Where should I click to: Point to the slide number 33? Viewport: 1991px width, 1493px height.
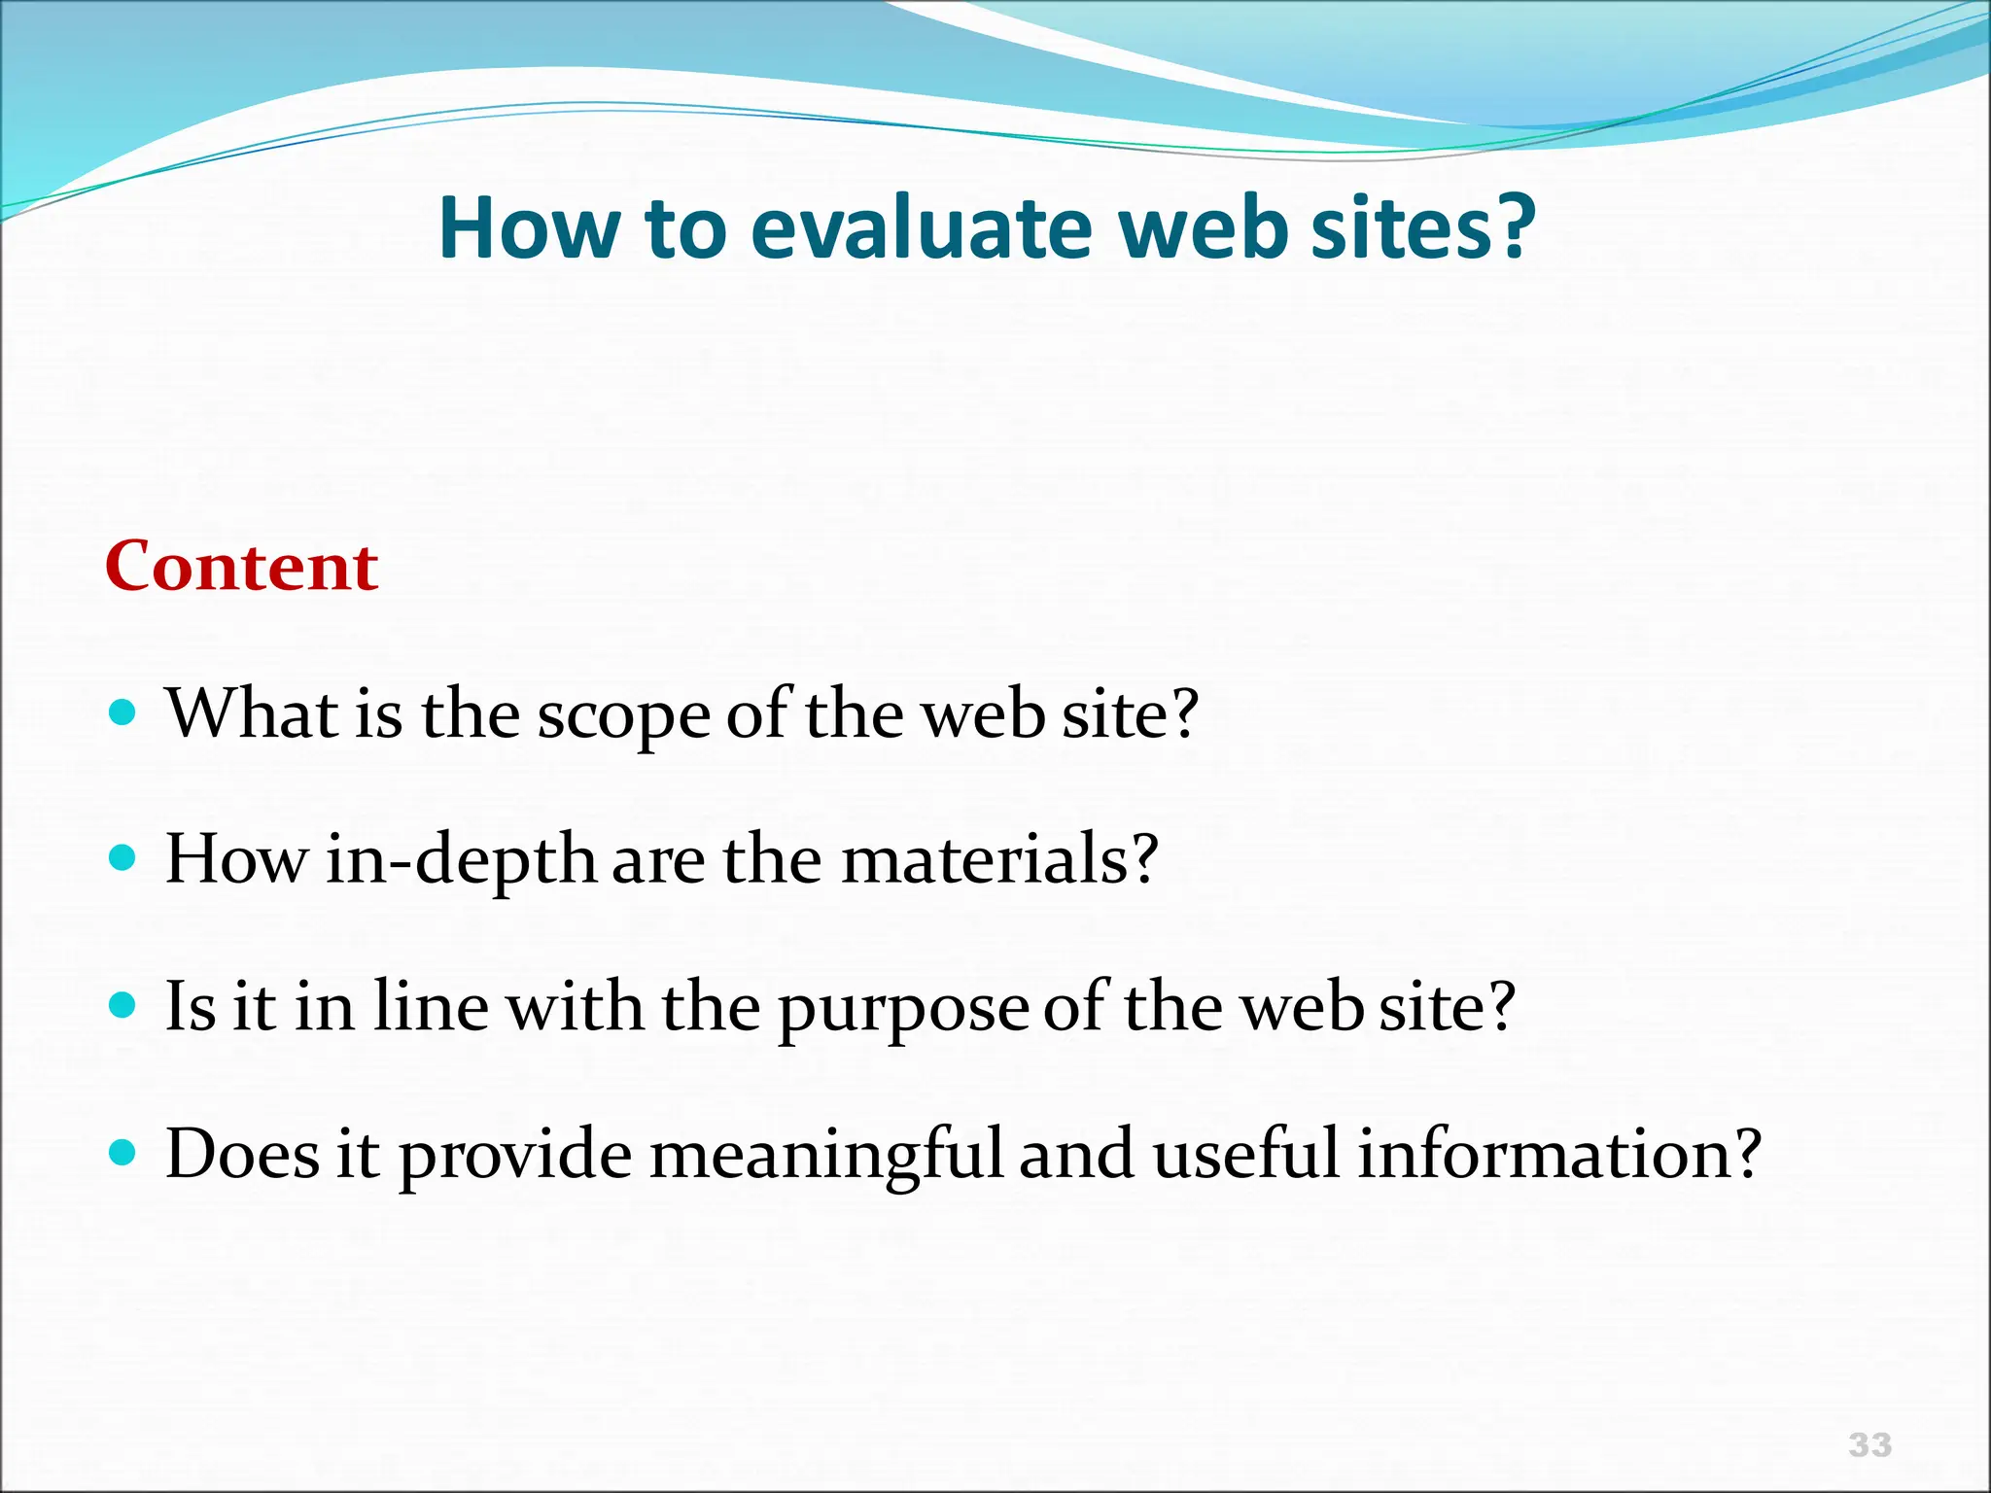coord(1869,1444)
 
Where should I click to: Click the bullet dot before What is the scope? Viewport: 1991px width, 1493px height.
coord(122,715)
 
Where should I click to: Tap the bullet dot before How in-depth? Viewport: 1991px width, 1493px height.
coord(122,859)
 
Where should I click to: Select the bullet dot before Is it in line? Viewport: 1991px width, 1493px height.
coord(122,1006)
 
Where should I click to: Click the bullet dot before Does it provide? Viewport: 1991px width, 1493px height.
coord(122,1154)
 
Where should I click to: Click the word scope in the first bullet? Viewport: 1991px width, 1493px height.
coord(623,717)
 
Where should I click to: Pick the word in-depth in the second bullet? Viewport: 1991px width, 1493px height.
coord(460,861)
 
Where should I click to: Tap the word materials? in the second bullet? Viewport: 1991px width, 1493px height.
coord(998,861)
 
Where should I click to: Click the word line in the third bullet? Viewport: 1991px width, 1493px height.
coord(431,1007)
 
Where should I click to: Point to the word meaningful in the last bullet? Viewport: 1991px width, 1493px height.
coord(825,1157)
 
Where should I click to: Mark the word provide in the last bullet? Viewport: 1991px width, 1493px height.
coord(515,1157)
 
